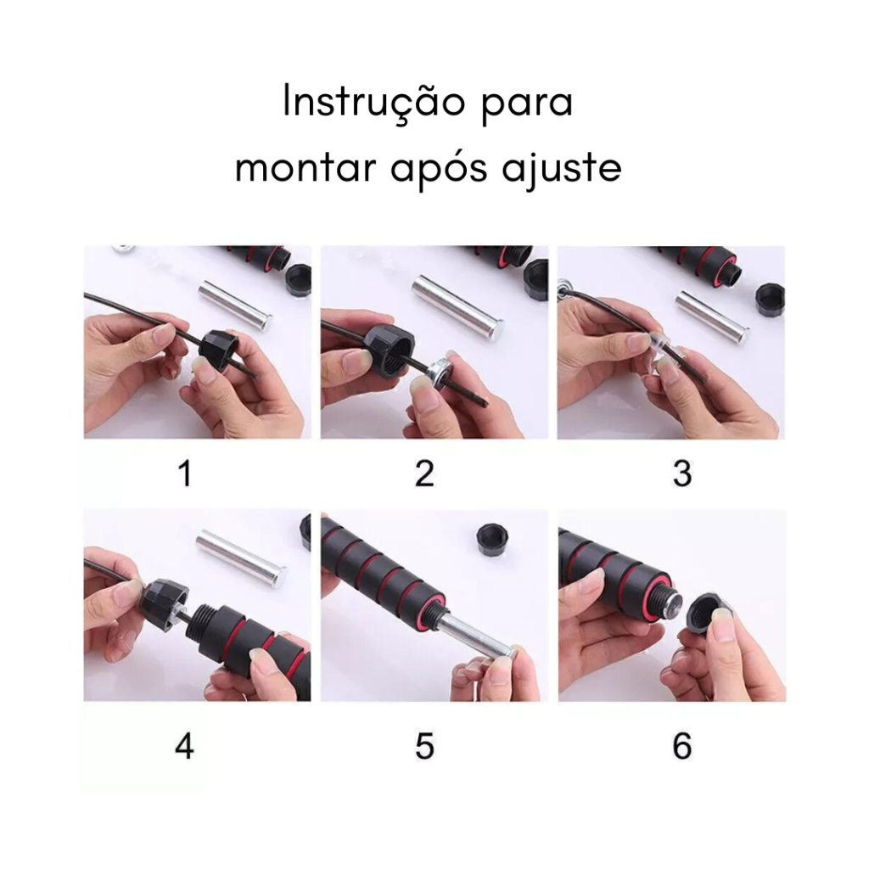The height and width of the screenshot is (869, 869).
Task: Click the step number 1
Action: [x=184, y=474]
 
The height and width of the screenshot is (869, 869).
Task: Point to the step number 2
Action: [x=424, y=474]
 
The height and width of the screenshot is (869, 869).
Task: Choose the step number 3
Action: [x=681, y=474]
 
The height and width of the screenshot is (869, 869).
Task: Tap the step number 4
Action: [x=184, y=747]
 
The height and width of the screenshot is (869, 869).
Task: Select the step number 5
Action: [x=424, y=747]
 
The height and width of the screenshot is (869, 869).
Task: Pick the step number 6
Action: [x=681, y=747]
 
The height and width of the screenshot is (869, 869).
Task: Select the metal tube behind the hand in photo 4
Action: [x=240, y=557]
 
